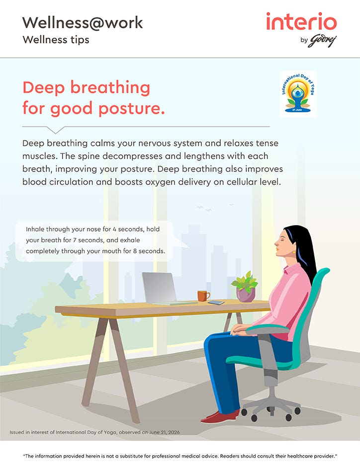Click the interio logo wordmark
click(301, 21)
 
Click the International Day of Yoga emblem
click(298, 93)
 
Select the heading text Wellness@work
click(83, 23)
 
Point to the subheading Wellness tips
click(56, 39)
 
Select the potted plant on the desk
click(245, 287)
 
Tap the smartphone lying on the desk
click(216, 302)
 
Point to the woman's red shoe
click(220, 417)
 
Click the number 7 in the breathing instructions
click(75, 240)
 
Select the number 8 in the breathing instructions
click(135, 251)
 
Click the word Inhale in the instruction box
click(35, 229)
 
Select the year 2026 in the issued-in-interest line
click(174, 432)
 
